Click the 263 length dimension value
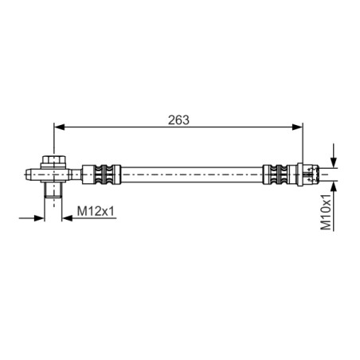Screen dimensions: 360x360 click(178, 120)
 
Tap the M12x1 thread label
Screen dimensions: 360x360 click(96, 211)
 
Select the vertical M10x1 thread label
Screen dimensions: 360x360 click(326, 212)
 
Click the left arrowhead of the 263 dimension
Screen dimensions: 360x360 click(59, 127)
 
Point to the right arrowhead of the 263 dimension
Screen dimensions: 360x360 click(297, 127)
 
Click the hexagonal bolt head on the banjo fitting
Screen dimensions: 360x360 click(53, 160)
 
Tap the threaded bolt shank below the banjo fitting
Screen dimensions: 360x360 click(53, 190)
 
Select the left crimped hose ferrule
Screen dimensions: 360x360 click(101, 174)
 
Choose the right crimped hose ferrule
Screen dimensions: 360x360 click(280, 174)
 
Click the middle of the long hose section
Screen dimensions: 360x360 click(192, 174)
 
